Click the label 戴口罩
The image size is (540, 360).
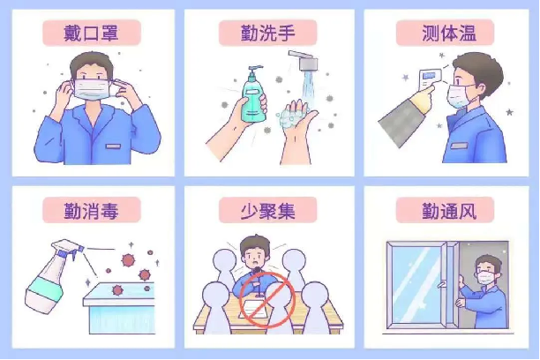[91, 33]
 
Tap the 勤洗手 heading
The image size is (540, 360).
[267, 33]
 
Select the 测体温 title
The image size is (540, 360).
[449, 33]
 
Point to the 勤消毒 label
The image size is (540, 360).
[91, 211]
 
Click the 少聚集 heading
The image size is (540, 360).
[267, 211]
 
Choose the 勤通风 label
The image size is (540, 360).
[449, 211]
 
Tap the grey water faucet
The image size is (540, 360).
[304, 60]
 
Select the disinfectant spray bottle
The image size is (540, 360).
[52, 275]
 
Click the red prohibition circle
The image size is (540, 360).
[267, 299]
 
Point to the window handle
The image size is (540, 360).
[441, 284]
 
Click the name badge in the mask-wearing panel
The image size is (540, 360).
[113, 146]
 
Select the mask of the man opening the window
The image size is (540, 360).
[485, 278]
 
